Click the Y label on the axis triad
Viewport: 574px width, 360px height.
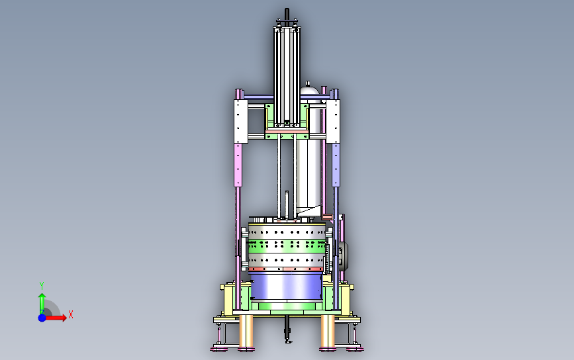point(41,285)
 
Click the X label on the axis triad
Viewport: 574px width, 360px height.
point(71,314)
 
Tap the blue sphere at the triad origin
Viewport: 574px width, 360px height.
point(42,318)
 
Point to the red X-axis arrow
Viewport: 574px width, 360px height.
point(56,318)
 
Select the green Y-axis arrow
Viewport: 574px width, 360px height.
point(42,303)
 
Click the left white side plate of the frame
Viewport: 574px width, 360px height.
point(241,121)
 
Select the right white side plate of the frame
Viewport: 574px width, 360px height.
point(333,121)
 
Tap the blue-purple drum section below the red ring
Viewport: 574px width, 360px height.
point(286,287)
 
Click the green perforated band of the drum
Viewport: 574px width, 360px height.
point(287,246)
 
